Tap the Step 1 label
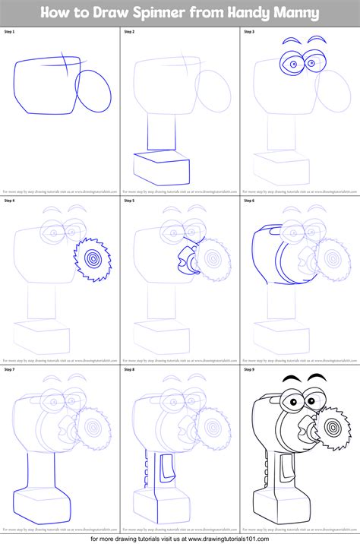10,32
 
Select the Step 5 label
130,201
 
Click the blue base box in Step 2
159,167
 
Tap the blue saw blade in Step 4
92,258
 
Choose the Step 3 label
250,32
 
